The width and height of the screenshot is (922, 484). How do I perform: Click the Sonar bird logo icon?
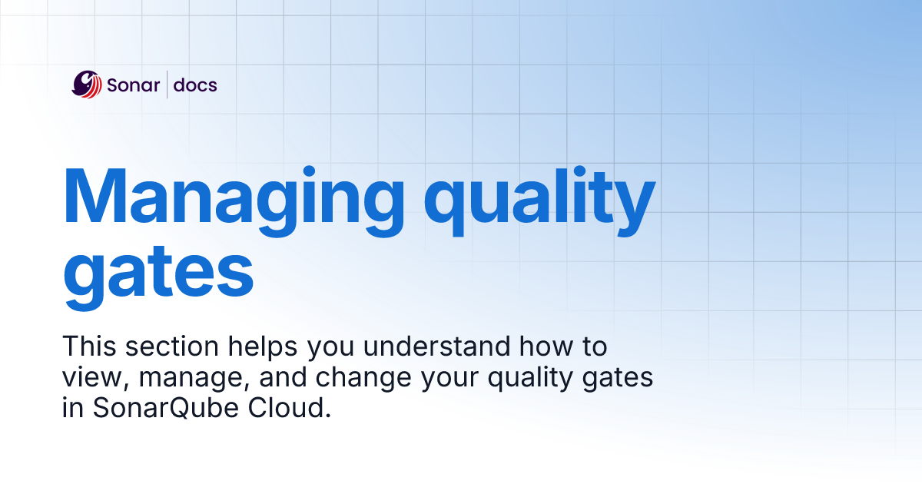[87, 85]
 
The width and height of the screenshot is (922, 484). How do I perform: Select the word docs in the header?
[195, 85]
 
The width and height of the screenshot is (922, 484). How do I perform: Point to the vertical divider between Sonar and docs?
[167, 85]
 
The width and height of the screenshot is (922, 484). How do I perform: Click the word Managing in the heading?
[232, 196]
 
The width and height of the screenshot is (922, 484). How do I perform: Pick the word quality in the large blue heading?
[540, 196]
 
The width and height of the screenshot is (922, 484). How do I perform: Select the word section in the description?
[173, 346]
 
